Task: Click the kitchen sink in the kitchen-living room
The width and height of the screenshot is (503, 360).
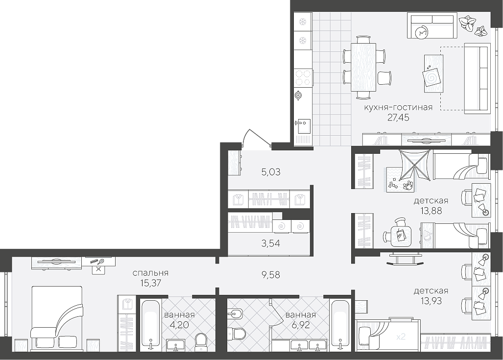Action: click(x=303, y=126)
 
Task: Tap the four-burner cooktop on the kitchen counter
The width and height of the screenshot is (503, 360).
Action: click(x=303, y=78)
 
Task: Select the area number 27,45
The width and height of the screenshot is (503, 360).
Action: click(x=398, y=118)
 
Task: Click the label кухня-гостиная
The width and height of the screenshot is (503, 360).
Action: click(x=398, y=107)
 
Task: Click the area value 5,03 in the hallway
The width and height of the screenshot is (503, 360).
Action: click(x=271, y=172)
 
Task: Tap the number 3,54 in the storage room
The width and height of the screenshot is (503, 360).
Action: click(x=270, y=243)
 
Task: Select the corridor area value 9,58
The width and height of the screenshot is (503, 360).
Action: click(x=271, y=275)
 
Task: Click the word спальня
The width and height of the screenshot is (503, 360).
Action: click(x=150, y=273)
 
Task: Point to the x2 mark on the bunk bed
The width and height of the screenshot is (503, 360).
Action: click(x=401, y=337)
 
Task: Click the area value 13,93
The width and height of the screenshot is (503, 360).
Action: click(x=431, y=301)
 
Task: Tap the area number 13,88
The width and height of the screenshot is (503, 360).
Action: click(x=431, y=211)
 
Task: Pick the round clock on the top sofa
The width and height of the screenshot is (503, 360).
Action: click(x=422, y=32)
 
